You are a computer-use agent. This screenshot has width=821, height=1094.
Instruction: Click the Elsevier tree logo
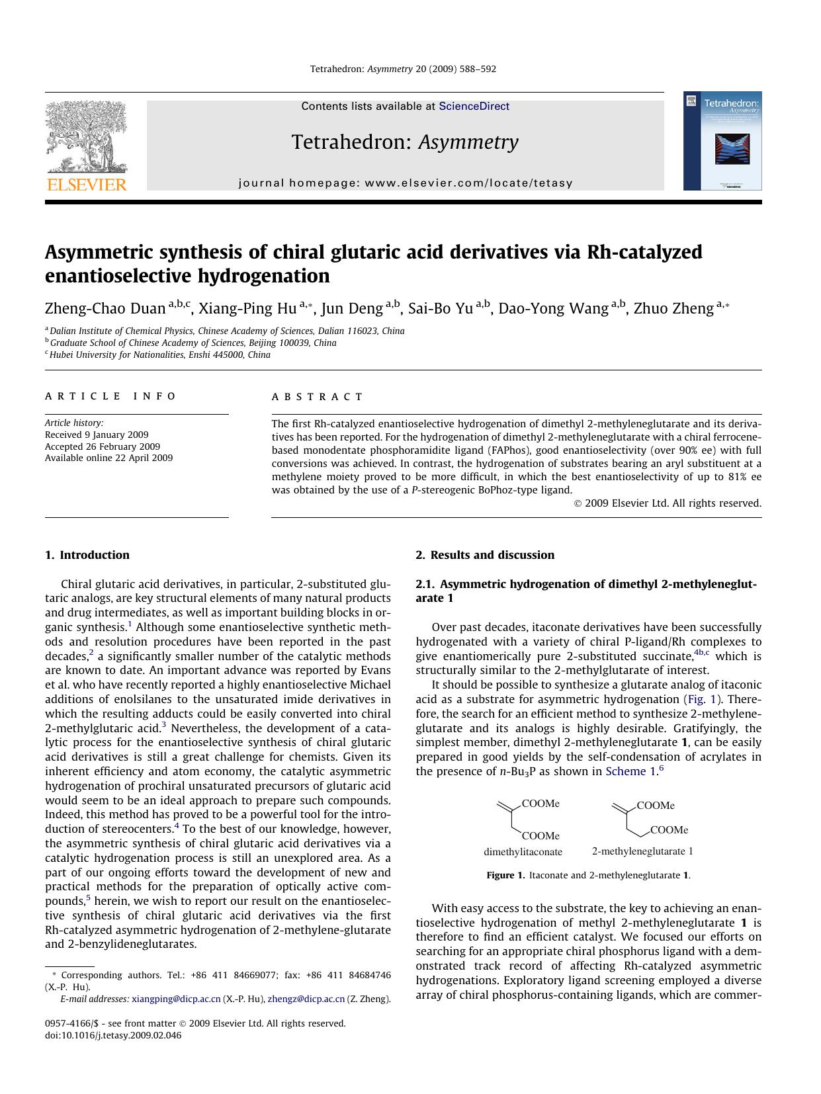click(85, 139)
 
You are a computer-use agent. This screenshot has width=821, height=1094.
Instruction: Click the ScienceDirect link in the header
click(474, 106)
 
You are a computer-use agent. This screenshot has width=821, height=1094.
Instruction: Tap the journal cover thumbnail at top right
click(722, 141)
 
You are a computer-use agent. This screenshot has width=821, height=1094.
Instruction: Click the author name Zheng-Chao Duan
click(105, 308)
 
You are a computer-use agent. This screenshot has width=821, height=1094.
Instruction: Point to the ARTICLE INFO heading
click(110, 396)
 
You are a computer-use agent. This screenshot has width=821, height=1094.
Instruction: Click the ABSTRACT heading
click(317, 397)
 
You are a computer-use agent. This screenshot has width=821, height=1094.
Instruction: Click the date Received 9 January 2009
click(97, 435)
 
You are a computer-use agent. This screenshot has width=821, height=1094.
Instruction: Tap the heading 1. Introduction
click(87, 555)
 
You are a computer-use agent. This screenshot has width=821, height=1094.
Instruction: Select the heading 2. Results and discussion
click(485, 555)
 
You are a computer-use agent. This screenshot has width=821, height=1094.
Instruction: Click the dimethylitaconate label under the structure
click(523, 852)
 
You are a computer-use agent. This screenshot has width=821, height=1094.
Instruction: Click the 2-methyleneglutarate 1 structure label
click(642, 851)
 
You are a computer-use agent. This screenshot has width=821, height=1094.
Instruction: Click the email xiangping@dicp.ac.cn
click(176, 999)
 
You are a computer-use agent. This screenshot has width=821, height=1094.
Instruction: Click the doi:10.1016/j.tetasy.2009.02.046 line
click(113, 1035)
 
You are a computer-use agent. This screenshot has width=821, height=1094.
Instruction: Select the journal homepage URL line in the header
click(405, 183)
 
